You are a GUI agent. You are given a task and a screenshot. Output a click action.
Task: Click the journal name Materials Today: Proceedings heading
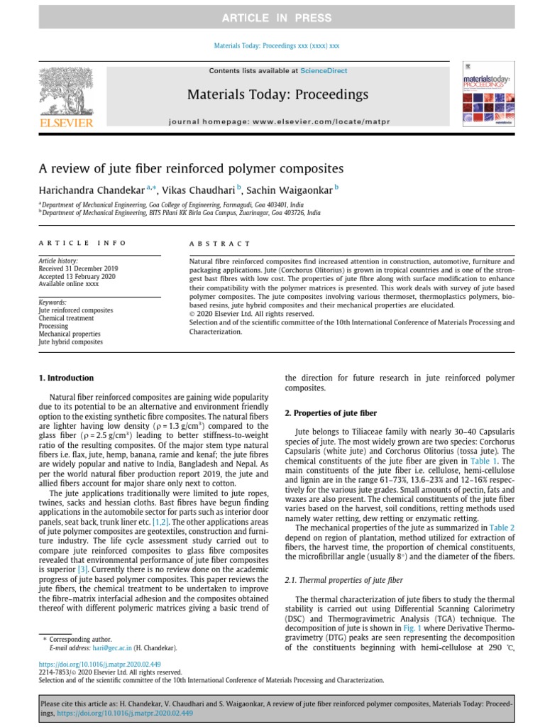coord(277,94)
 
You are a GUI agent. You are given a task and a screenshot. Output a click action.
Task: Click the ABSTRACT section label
coord(219,244)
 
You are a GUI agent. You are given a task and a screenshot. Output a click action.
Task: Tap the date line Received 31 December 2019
coord(78,269)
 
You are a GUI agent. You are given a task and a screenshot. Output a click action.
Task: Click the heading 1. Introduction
coord(66,378)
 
